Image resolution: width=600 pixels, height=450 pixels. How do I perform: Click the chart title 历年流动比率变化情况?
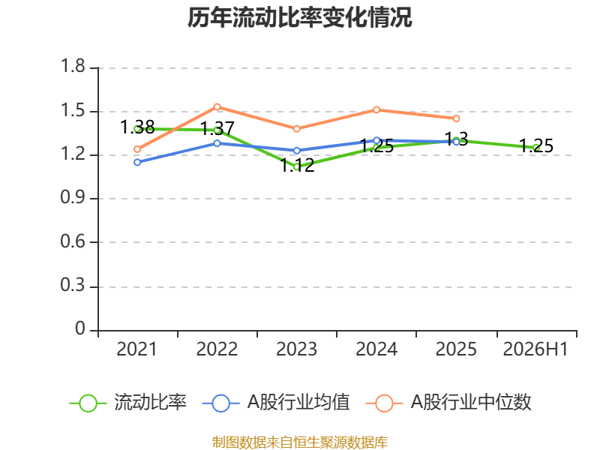coord(299,17)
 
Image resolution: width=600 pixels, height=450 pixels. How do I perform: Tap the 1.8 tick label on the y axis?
coord(73,66)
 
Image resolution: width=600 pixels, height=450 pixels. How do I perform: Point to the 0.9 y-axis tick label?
coord(73,197)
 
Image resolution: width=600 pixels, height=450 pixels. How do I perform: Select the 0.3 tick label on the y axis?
coord(73,285)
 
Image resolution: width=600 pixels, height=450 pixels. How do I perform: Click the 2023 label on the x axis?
coord(296,349)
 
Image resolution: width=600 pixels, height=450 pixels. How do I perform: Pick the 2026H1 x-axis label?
coord(535,349)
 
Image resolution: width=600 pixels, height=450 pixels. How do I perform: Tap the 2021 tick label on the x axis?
coord(137,349)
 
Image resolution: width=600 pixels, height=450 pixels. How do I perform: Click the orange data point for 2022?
coord(217,106)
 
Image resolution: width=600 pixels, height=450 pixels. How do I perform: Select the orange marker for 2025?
coord(456,118)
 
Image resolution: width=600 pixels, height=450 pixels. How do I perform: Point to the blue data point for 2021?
coord(137,162)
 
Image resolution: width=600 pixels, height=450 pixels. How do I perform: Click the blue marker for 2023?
coord(296,151)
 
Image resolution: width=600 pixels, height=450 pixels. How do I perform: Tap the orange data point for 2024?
coord(376,109)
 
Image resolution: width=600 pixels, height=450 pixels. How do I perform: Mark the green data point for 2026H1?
coord(536,148)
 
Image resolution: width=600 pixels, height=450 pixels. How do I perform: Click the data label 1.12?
coord(297,165)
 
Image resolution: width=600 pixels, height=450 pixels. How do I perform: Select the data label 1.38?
coord(137,127)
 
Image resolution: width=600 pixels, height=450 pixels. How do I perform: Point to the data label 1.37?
coord(217,128)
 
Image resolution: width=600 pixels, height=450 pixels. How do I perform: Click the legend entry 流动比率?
coord(128,403)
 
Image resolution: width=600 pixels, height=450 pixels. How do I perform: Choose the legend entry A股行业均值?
coord(276,403)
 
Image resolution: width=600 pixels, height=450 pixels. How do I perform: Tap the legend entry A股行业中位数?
coord(448,403)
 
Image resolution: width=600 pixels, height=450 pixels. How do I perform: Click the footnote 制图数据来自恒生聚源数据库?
coord(300,442)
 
